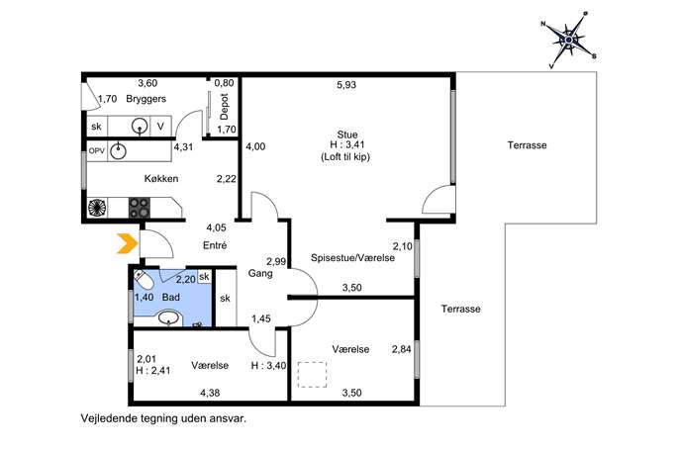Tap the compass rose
[x=568, y=40]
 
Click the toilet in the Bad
[x=144, y=280]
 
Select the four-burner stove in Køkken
[x=140, y=208]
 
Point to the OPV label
[x=97, y=150]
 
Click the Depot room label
[x=225, y=107]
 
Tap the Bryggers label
[x=146, y=99]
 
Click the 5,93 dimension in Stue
[x=346, y=84]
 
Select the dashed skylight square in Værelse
[x=312, y=375]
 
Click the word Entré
[x=215, y=245]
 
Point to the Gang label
[x=260, y=273]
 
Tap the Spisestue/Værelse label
[x=353, y=258]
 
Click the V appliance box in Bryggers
[x=161, y=127]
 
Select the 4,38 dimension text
[x=210, y=393]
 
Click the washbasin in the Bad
[x=168, y=317]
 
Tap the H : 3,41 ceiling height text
[x=347, y=145]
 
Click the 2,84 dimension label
[x=402, y=349]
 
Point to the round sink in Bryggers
[x=140, y=127]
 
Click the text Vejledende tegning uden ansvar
[x=163, y=418]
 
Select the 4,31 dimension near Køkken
[x=183, y=147]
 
